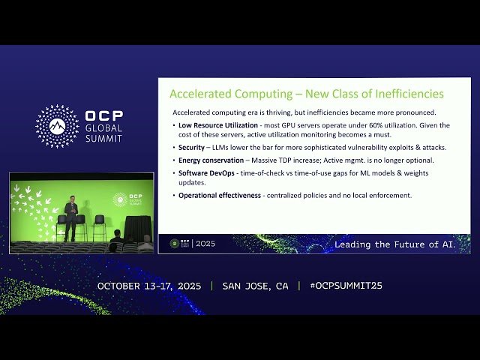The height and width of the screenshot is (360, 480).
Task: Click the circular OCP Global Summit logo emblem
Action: click(x=57, y=126)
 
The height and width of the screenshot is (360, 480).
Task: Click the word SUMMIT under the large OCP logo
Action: click(x=104, y=139)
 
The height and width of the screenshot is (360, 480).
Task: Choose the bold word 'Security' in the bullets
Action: click(x=191, y=148)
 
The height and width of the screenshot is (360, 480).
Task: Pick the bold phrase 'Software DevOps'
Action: click(x=207, y=173)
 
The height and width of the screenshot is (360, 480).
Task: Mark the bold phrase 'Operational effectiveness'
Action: click(x=220, y=196)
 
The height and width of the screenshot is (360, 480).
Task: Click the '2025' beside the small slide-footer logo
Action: click(x=205, y=244)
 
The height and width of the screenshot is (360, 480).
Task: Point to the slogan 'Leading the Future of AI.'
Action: click(x=394, y=244)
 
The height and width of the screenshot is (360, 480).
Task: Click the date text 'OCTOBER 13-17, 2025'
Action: click(x=151, y=286)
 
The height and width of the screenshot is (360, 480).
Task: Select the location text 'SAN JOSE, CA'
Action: click(x=255, y=286)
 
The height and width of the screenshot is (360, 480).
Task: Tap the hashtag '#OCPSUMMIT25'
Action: click(x=340, y=286)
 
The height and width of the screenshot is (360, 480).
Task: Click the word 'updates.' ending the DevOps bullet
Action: click(x=190, y=183)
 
